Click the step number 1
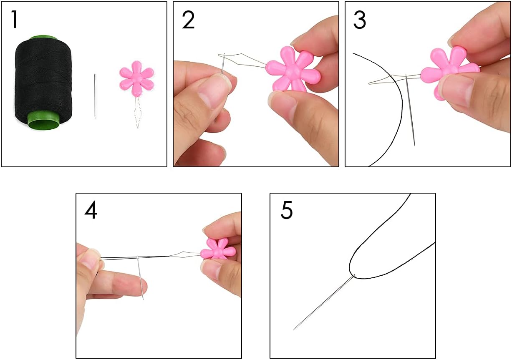pyautogui.click(x=15, y=20)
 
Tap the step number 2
pyautogui.click(x=188, y=20)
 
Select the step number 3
pyautogui.click(x=359, y=20)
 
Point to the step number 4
pyautogui.click(x=91, y=211)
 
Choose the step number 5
pyautogui.click(x=286, y=210)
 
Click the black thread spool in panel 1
pyautogui.click(x=43, y=82)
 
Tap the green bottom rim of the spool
pyautogui.click(x=43, y=121)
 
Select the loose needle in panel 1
pyautogui.click(x=95, y=96)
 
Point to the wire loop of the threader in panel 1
pyautogui.click(x=138, y=112)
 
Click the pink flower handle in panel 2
pyautogui.click(x=293, y=69)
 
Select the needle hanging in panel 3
pyautogui.click(x=410, y=110)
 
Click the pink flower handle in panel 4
pyautogui.click(x=217, y=251)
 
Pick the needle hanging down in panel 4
pyautogui.click(x=140, y=278)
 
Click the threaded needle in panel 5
pyautogui.click(x=324, y=302)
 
